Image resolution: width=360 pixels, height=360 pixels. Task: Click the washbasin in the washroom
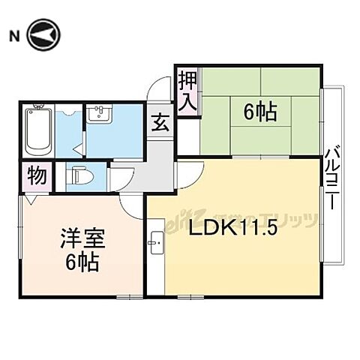(x=98, y=114)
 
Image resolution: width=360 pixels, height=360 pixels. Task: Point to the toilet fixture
(x=79, y=178)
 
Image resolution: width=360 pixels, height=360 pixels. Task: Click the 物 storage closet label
(x=35, y=177)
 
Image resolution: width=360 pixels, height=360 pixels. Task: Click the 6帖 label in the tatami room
(x=260, y=112)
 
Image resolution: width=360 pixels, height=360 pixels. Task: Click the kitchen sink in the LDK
(x=156, y=241)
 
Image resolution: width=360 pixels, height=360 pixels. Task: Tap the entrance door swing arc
(x=157, y=91)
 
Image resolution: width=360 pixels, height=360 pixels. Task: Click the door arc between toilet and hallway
(x=120, y=178)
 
